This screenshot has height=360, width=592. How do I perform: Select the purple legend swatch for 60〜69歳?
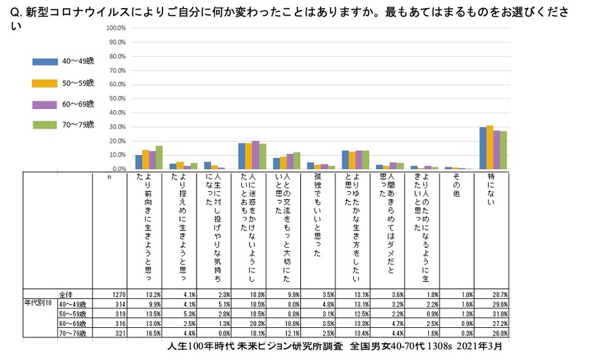point(44,104)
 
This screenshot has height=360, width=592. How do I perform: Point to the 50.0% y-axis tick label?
point(117,99)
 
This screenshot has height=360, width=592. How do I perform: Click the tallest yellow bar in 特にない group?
point(489,147)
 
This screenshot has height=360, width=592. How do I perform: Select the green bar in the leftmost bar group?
point(159,157)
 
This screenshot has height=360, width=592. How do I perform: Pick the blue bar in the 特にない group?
point(482,148)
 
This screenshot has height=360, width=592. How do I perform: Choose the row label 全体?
point(65,294)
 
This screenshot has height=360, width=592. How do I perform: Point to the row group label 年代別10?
point(37,303)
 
